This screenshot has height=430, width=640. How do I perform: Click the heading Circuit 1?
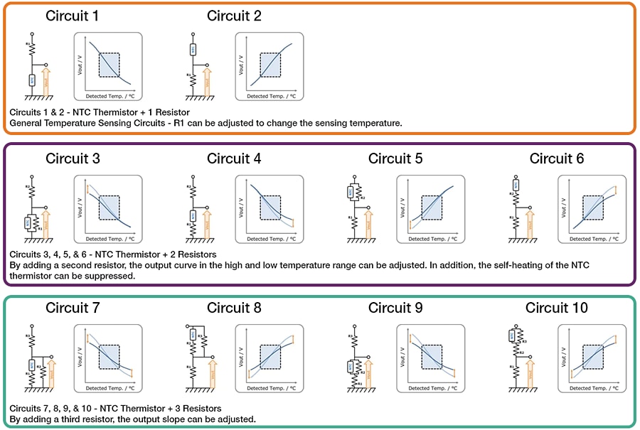pyautogui.click(x=73, y=16)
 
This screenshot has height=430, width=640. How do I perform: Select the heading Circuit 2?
pyautogui.click(x=234, y=16)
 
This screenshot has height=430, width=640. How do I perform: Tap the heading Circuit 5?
pyautogui.click(x=395, y=158)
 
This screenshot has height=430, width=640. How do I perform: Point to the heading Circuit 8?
pyautogui.click(x=234, y=308)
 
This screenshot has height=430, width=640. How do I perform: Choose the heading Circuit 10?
pyautogui.click(x=557, y=308)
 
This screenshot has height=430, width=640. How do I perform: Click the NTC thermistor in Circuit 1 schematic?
pyautogui.click(x=31, y=80)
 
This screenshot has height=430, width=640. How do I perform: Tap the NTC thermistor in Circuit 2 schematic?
pyautogui.click(x=193, y=50)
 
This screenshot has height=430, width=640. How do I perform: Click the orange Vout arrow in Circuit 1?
pyautogui.click(x=46, y=80)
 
